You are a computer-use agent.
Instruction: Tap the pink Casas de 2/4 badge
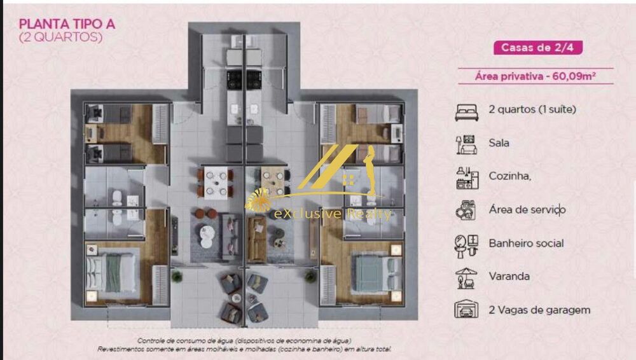[x=537, y=48]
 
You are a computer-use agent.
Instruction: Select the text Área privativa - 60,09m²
[x=535, y=76]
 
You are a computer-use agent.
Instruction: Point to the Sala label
[x=499, y=143]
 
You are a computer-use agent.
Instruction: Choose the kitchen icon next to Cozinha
[x=466, y=177]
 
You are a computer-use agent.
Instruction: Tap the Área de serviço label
[x=527, y=209]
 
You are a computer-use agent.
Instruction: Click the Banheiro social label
[x=526, y=243]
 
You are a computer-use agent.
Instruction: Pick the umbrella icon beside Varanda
[x=466, y=277]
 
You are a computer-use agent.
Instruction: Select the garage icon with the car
[x=466, y=310]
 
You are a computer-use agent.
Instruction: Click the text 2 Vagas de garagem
[x=539, y=310]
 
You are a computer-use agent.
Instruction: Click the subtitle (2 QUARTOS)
[x=61, y=37]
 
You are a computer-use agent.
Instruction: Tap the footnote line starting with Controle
[x=244, y=341]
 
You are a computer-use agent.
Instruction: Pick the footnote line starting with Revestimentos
[x=244, y=349]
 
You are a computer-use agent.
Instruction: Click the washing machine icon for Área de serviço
[x=466, y=210]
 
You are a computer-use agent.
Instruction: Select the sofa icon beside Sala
[x=466, y=144]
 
